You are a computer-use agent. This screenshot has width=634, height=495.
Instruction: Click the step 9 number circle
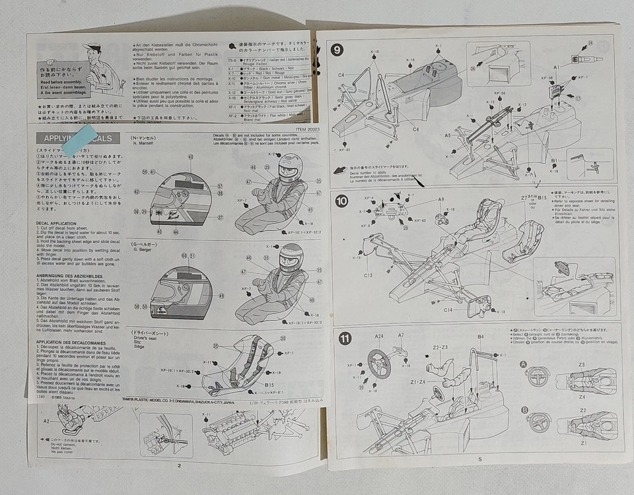[x=338, y=49]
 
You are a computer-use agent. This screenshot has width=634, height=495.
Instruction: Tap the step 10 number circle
[x=341, y=201]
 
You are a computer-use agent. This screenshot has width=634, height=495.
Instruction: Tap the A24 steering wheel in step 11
[x=378, y=364]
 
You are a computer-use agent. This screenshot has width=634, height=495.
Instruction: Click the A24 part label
[x=379, y=336]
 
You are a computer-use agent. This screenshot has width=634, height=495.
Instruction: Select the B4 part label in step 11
[x=480, y=337]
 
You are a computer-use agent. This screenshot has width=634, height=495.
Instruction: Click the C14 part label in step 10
[x=447, y=309]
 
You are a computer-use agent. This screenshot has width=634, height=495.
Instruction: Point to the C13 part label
[x=368, y=275]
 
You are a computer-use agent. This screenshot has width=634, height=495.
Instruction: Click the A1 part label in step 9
[x=557, y=67]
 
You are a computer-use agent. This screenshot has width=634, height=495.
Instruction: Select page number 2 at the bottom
[x=178, y=465]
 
